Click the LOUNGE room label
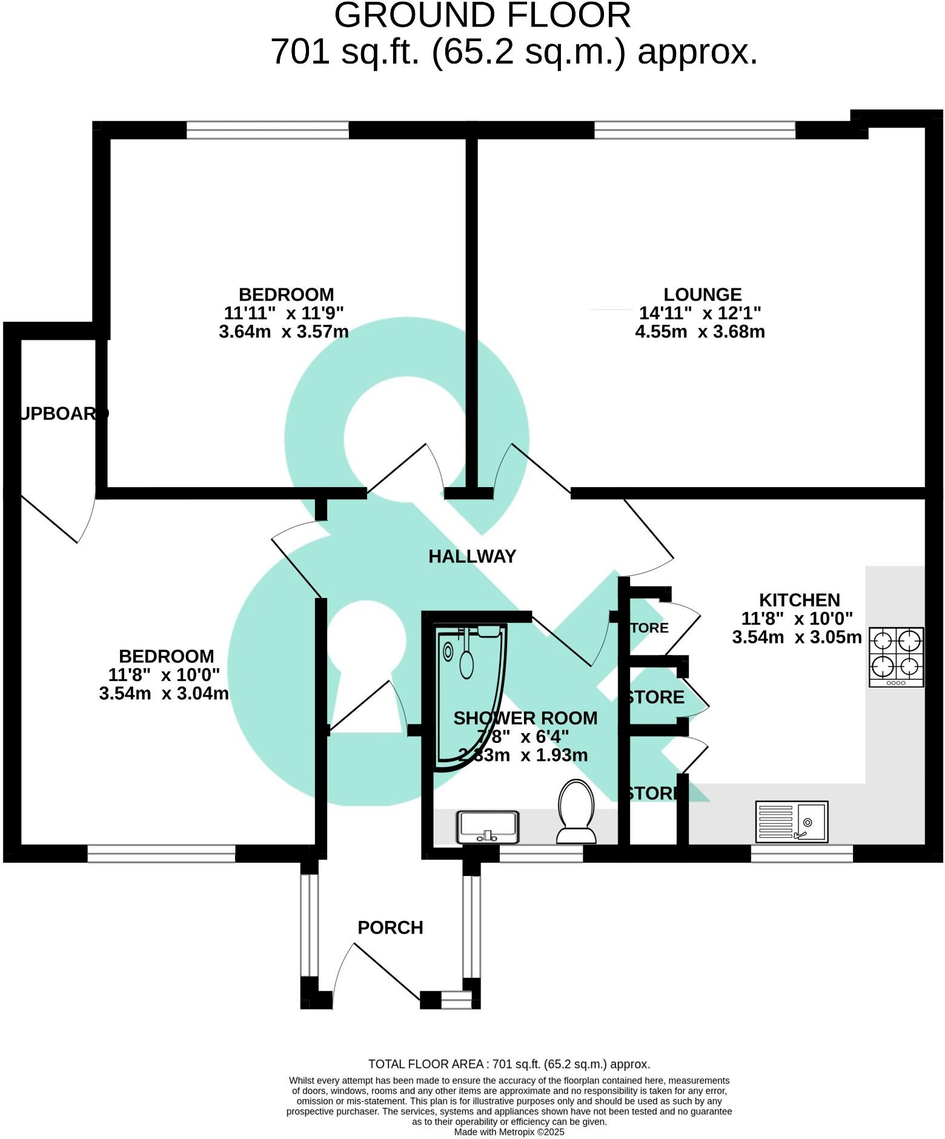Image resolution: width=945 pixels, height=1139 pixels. pos(702,294)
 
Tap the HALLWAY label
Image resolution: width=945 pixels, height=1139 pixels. pos(472,556)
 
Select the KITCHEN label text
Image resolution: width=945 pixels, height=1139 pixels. pos(799,600)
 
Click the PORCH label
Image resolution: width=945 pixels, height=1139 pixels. pos(390,927)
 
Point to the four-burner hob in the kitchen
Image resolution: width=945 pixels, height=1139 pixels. pos(896,656)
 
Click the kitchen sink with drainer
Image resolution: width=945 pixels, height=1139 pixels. pos(791,822)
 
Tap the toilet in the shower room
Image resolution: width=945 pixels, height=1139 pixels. pos(576,812)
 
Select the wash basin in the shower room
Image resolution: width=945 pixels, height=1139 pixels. pos(487,827)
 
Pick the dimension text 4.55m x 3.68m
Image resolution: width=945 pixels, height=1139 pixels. pos(700,332)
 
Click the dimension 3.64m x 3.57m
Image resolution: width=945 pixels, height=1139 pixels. pos(283,332)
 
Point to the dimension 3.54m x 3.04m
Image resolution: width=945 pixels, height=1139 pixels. pos(164,694)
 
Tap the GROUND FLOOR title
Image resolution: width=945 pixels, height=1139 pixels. pos(482,16)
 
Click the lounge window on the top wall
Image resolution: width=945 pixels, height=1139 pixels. pos(694,130)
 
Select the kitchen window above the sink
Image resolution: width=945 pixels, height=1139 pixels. pos(801,853)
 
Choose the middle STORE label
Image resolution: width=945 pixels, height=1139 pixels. pos(655,697)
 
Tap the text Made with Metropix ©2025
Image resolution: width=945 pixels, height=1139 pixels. pos(509,1131)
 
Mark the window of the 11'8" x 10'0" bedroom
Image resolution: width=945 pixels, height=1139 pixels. pos(161,854)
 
